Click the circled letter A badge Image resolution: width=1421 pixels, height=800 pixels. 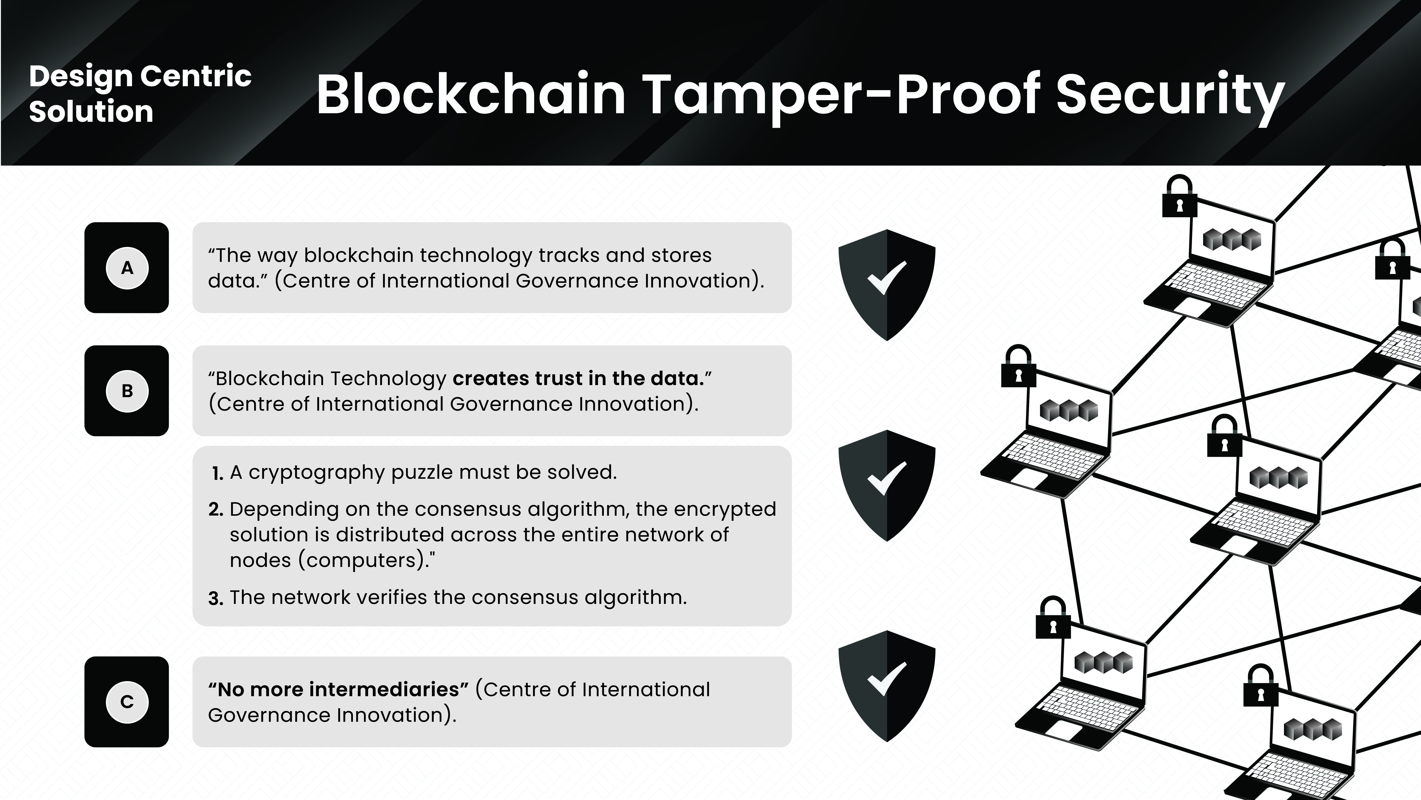(x=127, y=268)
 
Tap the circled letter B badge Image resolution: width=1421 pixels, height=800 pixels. (x=127, y=391)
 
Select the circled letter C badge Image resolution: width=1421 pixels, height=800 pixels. (x=127, y=702)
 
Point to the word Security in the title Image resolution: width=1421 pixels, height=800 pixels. (x=1170, y=97)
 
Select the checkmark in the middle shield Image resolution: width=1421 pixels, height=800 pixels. (x=886, y=478)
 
